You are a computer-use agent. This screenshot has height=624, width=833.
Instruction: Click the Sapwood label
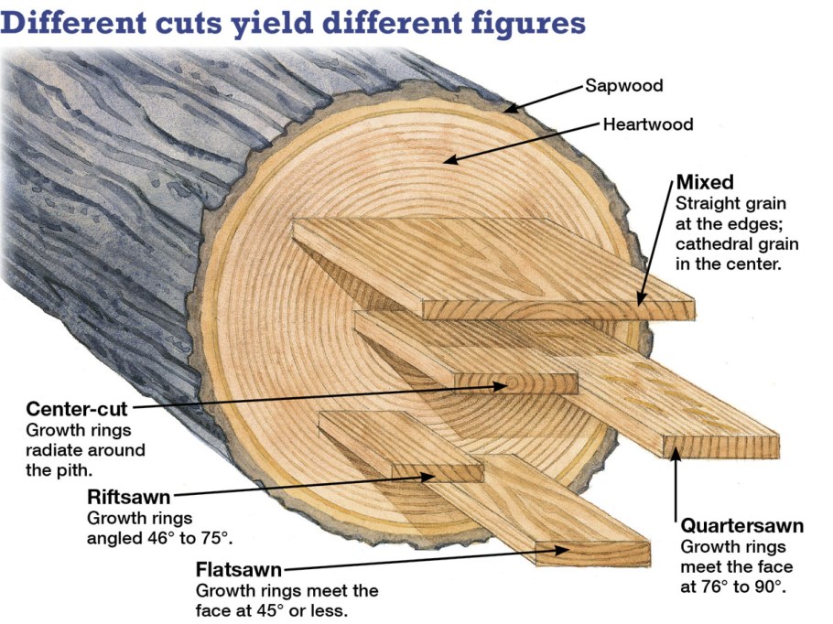(624, 86)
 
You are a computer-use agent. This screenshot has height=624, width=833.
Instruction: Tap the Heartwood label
(648, 124)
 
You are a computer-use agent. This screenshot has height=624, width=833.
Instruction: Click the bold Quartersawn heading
(742, 526)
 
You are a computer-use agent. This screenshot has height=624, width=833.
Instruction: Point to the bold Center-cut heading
(77, 408)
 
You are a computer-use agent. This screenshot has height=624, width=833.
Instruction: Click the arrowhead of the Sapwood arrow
(506, 111)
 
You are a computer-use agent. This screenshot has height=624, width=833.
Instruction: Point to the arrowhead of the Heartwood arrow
(447, 161)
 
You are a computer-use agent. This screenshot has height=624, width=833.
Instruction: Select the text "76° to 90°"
(744, 586)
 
